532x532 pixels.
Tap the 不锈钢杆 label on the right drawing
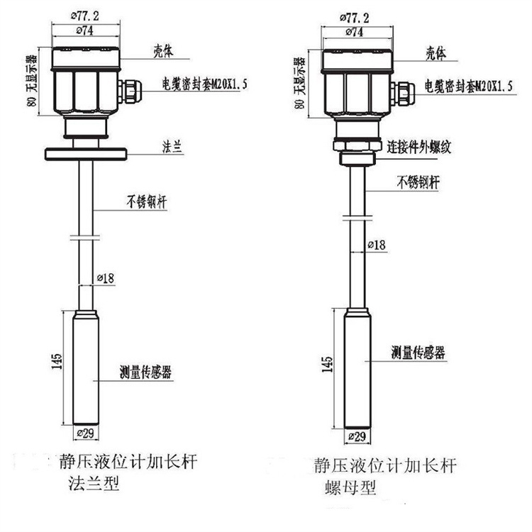[418, 183]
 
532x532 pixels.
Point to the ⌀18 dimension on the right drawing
[377, 245]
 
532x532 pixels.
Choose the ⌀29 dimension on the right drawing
[357, 436]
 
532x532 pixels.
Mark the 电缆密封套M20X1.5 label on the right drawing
[466, 86]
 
